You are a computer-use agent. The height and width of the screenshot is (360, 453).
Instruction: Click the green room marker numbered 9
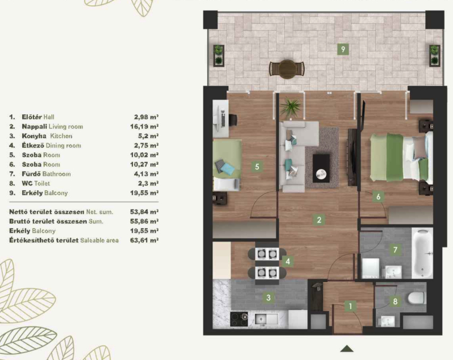[343, 49]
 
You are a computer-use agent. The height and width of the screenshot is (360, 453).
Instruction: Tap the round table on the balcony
[287, 69]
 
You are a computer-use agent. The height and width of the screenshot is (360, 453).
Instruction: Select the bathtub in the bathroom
[422, 254]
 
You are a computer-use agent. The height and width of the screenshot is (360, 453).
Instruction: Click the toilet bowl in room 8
[416, 298]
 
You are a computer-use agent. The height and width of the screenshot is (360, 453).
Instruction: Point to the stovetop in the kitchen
[239, 319]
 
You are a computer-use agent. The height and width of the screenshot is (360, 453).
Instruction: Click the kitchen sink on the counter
[266, 319]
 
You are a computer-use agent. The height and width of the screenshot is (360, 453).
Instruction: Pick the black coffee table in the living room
[321, 168]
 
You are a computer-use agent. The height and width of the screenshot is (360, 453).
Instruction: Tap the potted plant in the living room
[290, 108]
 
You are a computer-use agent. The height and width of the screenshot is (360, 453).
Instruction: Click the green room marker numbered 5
[257, 166]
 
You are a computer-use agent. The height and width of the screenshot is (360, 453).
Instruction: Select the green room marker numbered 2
[319, 220]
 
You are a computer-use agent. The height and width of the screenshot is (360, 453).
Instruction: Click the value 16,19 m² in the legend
[144, 126]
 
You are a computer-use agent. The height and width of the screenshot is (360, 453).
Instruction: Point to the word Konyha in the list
[34, 136]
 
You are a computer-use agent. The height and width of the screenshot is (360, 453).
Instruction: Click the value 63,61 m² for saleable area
[144, 240]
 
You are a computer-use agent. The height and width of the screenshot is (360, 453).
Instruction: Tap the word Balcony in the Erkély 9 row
[56, 193]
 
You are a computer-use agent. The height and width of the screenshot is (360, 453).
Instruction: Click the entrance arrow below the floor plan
[347, 349]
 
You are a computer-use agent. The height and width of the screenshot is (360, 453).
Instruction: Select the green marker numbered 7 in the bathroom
[395, 250]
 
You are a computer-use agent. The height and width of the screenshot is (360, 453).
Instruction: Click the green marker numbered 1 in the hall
[351, 306]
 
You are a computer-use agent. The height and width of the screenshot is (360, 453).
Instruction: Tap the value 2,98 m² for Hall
[147, 117]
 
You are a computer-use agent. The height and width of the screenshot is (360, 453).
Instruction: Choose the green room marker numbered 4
[288, 262]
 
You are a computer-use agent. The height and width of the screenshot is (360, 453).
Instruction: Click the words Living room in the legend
[66, 126]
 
